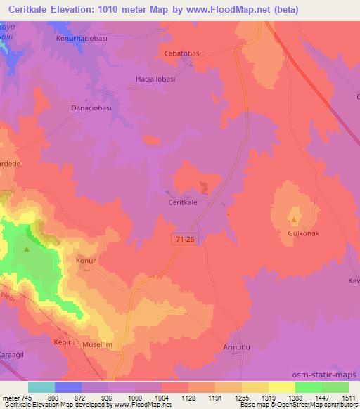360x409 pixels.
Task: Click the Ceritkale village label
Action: (x=182, y=201)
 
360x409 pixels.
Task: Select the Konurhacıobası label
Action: (x=82, y=39)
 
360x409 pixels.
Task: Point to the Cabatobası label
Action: (x=183, y=52)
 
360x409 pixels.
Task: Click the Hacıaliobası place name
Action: (x=155, y=79)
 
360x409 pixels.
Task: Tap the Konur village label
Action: (x=85, y=260)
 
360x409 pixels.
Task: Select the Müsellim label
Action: (x=97, y=344)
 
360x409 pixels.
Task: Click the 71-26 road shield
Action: (x=181, y=240)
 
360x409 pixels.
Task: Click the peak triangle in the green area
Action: (x=27, y=248)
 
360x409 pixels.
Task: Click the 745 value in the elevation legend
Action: (x=25, y=397)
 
